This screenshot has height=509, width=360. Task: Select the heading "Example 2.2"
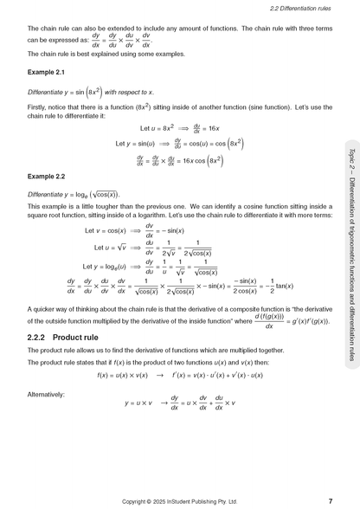(x=44, y=177)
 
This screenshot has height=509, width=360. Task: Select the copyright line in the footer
(x=179, y=501)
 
